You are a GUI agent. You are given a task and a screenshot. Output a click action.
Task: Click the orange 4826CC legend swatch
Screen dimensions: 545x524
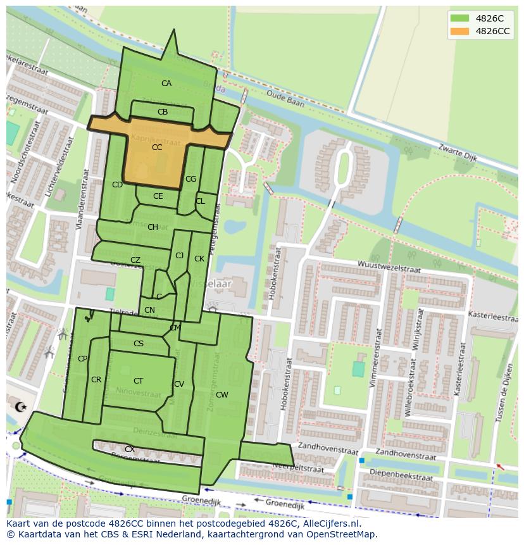click(460, 31)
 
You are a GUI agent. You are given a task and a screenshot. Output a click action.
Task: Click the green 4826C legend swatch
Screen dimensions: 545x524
click(460, 18)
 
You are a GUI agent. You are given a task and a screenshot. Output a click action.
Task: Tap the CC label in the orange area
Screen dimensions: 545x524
click(157, 147)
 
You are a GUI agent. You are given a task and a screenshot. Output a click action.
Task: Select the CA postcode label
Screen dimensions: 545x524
click(166, 84)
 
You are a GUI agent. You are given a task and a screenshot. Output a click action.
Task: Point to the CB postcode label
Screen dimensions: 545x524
click(163, 112)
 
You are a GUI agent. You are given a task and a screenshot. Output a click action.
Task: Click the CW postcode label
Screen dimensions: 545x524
click(221, 395)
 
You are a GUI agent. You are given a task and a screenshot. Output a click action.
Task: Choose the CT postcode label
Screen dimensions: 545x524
click(138, 381)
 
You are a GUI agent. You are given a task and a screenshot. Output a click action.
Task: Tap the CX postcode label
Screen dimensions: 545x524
click(129, 449)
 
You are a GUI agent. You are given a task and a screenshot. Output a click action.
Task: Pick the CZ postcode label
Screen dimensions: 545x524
click(135, 260)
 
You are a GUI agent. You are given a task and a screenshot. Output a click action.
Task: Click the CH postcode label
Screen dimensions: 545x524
click(153, 227)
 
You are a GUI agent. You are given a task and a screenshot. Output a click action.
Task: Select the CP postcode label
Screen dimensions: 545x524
click(82, 359)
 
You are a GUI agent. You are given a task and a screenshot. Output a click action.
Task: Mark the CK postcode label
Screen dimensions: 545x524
click(199, 259)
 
